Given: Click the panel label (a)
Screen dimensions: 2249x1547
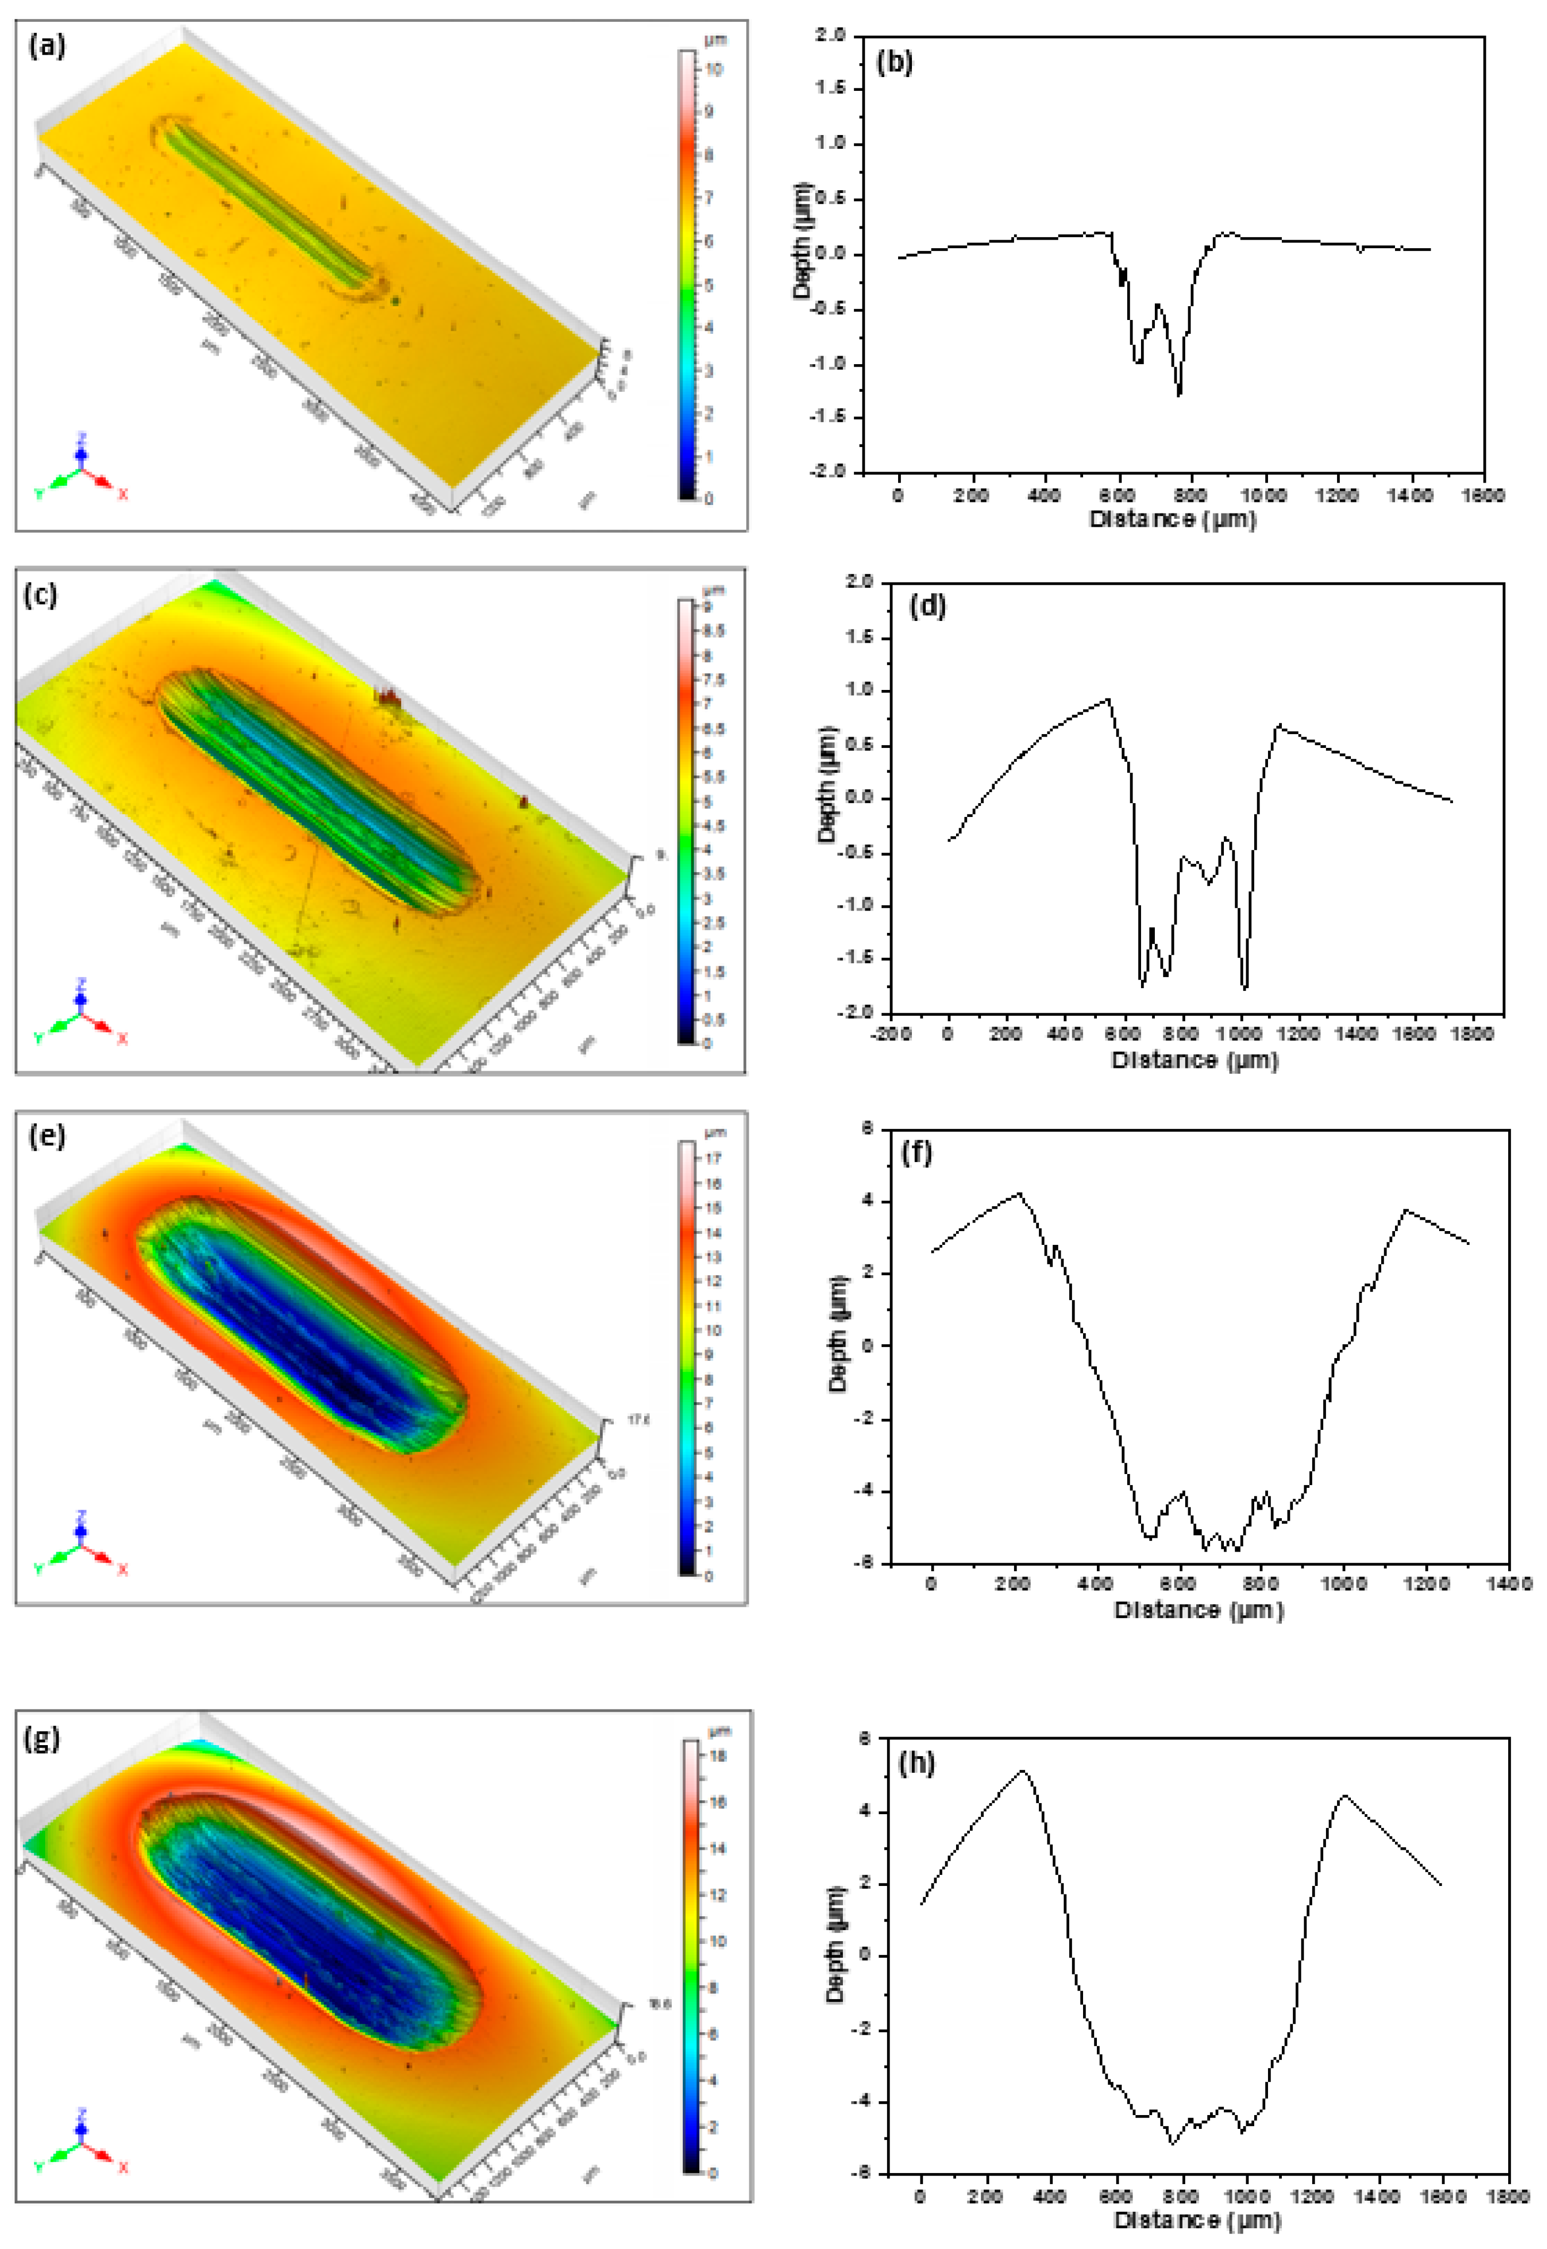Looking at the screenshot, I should pyautogui.click(x=47, y=46).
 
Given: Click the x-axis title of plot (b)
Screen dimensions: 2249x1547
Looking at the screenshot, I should pyautogui.click(x=1173, y=520).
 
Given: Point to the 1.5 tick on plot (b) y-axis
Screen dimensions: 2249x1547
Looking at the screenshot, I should pyautogui.click(x=832, y=88).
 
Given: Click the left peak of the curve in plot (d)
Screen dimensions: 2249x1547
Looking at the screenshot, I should pyautogui.click(x=1108, y=699).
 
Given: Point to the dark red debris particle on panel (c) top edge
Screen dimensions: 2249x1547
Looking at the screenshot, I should pyautogui.click(x=388, y=696).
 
